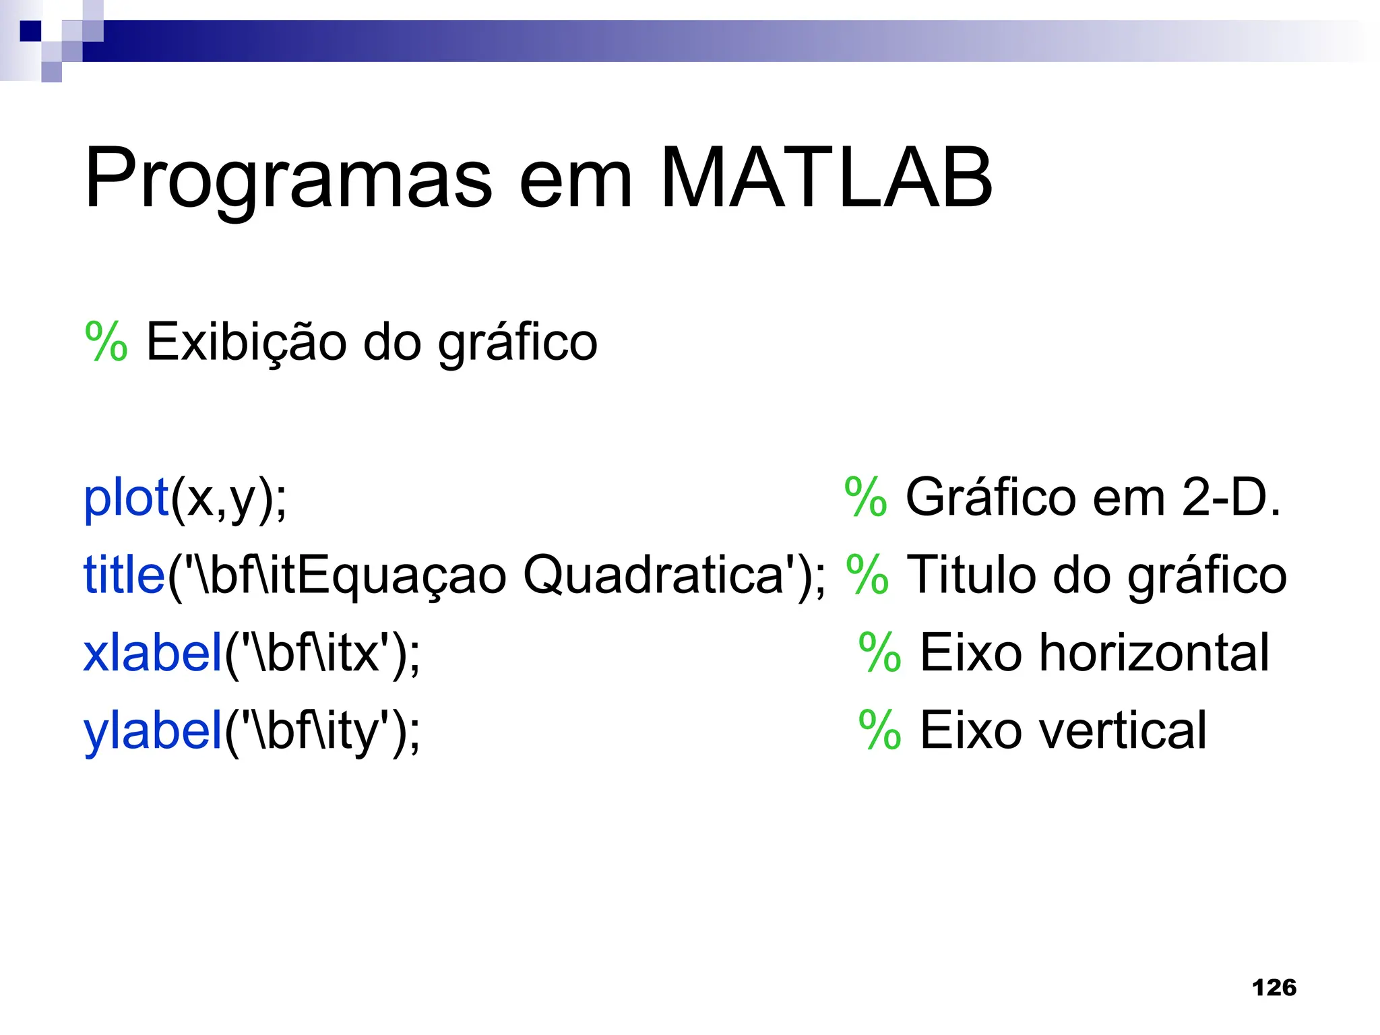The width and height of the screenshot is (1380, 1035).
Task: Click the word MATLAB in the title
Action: tap(826, 178)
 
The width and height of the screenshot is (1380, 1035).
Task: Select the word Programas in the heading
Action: tap(289, 181)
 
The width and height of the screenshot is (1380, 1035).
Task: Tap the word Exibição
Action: tap(246, 342)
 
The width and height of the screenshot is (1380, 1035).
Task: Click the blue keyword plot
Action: tap(125, 499)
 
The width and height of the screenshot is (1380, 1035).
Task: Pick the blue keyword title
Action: tap(124, 575)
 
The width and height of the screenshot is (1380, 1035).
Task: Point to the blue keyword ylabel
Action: tap(153, 731)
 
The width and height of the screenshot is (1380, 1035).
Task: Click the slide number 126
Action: tap(1274, 987)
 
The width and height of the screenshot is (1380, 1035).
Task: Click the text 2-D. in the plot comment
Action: tap(1231, 497)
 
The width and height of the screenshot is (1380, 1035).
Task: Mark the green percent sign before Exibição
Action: tap(106, 342)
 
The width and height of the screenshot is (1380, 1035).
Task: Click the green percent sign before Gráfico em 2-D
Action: tap(865, 497)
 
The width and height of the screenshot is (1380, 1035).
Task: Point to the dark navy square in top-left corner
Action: tap(30, 31)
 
